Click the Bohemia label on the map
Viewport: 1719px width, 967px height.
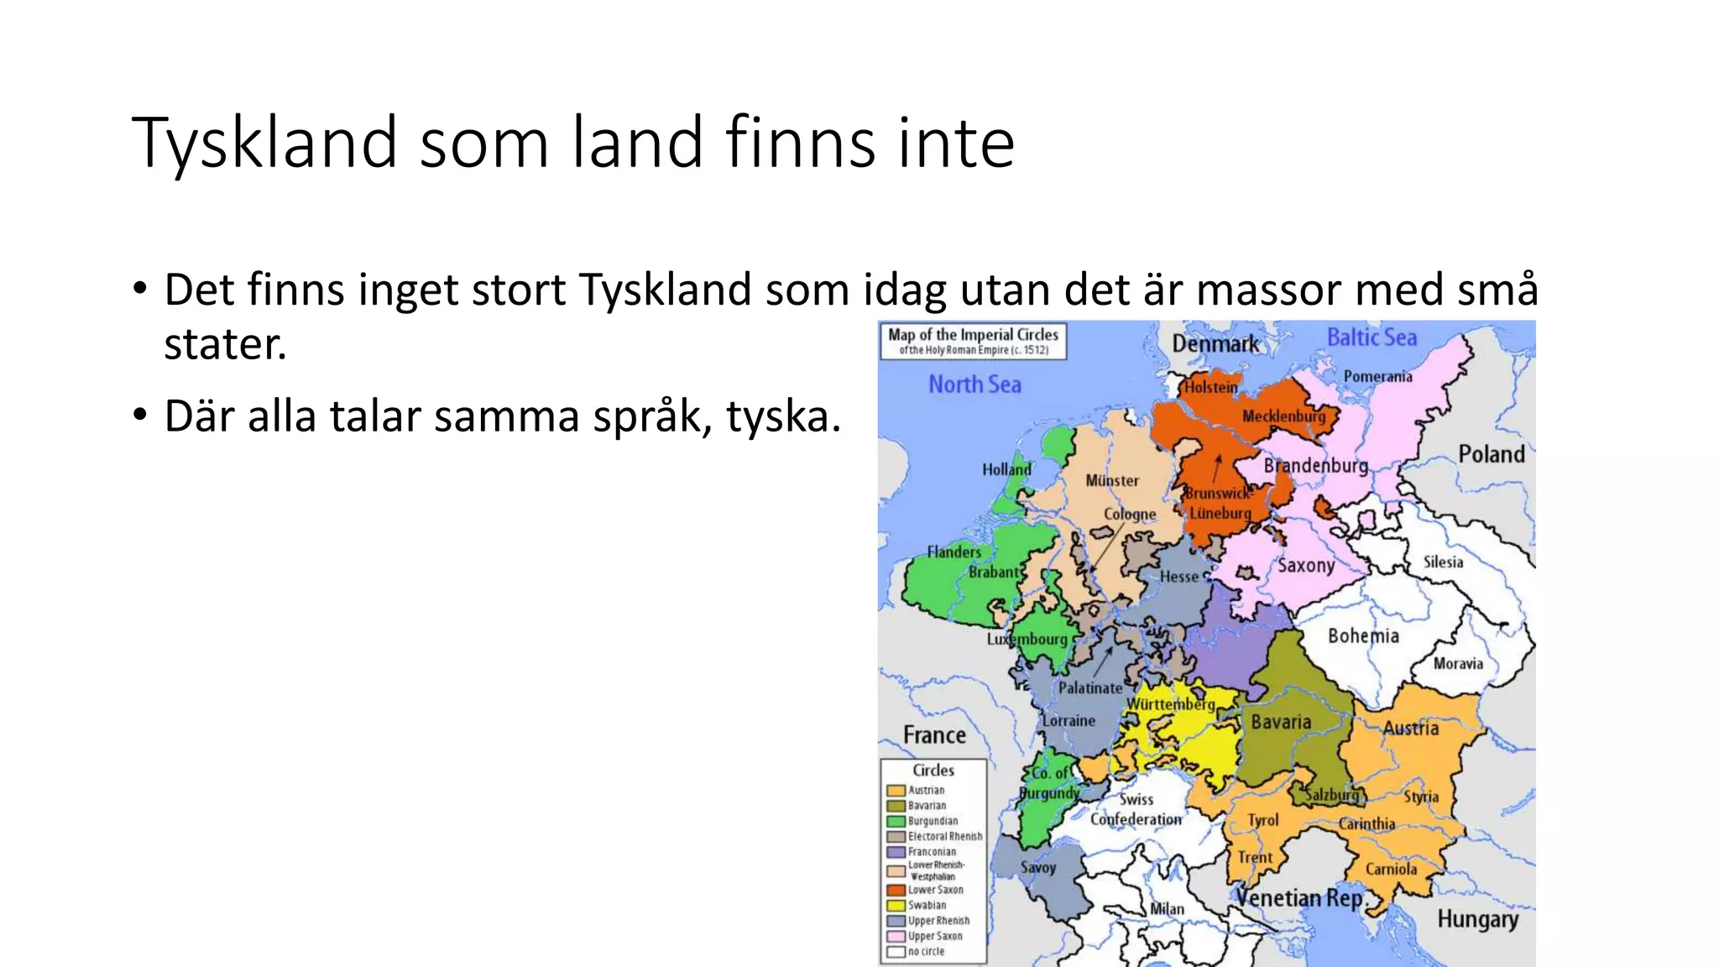pyautogui.click(x=1363, y=635)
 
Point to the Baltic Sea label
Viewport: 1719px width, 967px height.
pyautogui.click(x=1372, y=337)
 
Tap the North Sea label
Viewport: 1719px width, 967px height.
pyautogui.click(x=974, y=384)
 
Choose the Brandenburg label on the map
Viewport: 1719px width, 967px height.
pyautogui.click(x=1315, y=466)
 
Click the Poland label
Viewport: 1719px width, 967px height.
pyautogui.click(x=1491, y=454)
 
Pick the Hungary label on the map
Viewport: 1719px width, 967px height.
pyautogui.click(x=1477, y=919)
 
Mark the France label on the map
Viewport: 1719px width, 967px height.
pyautogui.click(x=934, y=735)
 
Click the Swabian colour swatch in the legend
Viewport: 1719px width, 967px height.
pyautogui.click(x=896, y=906)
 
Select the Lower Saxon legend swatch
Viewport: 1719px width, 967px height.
pyautogui.click(x=896, y=890)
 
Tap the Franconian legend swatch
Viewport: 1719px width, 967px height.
pyautogui.click(x=896, y=852)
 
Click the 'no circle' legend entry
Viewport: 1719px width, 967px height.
pyautogui.click(x=926, y=952)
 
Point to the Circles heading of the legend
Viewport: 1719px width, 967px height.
pyautogui.click(x=933, y=770)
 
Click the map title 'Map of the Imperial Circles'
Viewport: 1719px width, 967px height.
pyautogui.click(x=973, y=334)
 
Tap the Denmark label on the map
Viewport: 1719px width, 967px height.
pyautogui.click(x=1215, y=343)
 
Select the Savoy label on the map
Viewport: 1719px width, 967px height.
pyautogui.click(x=1037, y=868)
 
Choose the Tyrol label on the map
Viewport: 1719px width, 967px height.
pyautogui.click(x=1262, y=820)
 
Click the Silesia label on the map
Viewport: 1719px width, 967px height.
pyautogui.click(x=1443, y=562)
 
